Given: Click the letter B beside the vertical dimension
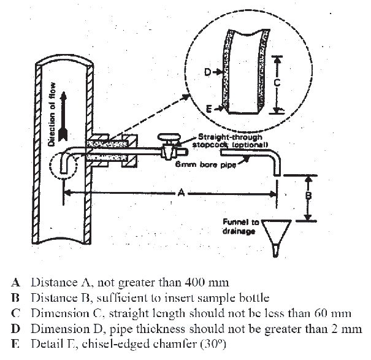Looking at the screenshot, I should coord(309,197).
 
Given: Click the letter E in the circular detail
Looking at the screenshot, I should coord(209,108).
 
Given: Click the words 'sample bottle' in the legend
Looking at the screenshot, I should coord(238,298).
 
